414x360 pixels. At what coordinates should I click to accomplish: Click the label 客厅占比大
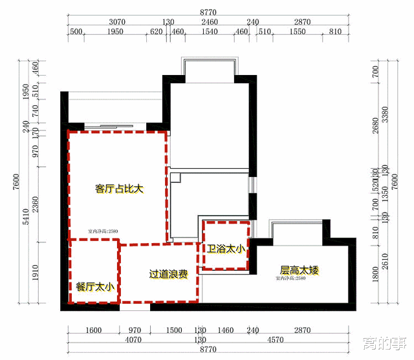click(x=118, y=189)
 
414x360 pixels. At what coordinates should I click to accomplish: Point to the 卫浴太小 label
click(x=226, y=248)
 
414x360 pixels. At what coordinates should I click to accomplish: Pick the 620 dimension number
click(x=157, y=32)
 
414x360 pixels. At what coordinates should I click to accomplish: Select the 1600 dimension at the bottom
click(x=94, y=331)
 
